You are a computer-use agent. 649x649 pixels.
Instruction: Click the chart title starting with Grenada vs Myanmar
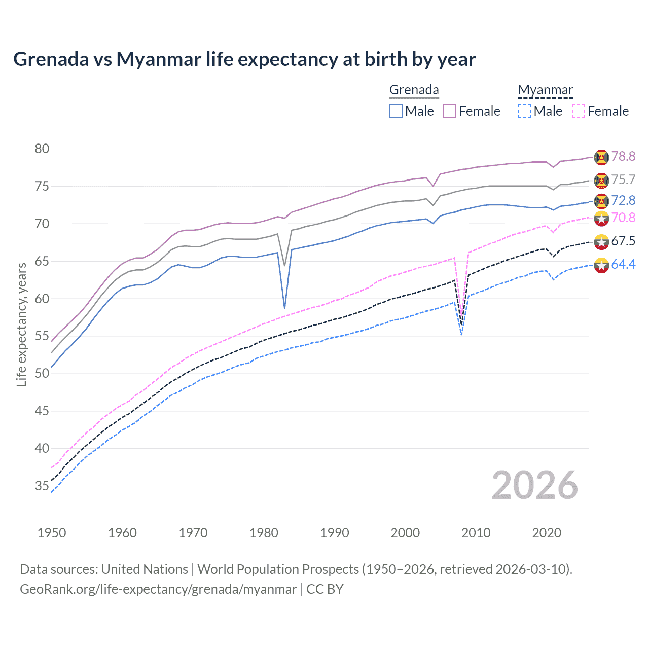(244, 59)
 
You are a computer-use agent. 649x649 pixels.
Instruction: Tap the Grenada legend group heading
(414, 90)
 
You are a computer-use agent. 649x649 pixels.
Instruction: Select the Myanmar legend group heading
(545, 90)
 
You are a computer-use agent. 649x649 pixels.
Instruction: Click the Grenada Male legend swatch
(396, 111)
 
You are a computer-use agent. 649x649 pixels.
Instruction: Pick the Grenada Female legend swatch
(450, 111)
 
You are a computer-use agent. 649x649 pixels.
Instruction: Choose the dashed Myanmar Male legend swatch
(524, 111)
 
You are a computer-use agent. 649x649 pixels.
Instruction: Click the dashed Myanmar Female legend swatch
(579, 111)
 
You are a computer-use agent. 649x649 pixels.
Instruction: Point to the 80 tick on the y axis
(42, 149)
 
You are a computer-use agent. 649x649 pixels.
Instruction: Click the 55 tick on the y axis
(42, 336)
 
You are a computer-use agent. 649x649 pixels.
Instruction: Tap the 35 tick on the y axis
(42, 486)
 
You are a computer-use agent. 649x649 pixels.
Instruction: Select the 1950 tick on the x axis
(52, 533)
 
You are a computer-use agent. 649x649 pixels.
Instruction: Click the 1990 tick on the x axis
(335, 533)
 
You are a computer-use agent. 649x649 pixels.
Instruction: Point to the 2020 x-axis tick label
(547, 533)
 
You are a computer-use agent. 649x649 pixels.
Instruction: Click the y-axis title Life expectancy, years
(21, 324)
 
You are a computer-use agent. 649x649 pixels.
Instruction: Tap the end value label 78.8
(623, 156)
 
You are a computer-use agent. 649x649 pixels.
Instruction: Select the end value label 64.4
(623, 264)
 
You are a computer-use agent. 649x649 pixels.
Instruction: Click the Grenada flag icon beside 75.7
(601, 180)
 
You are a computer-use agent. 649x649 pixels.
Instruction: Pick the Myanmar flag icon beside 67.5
(601, 241)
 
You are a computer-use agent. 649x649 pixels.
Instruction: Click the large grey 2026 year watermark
(535, 485)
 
